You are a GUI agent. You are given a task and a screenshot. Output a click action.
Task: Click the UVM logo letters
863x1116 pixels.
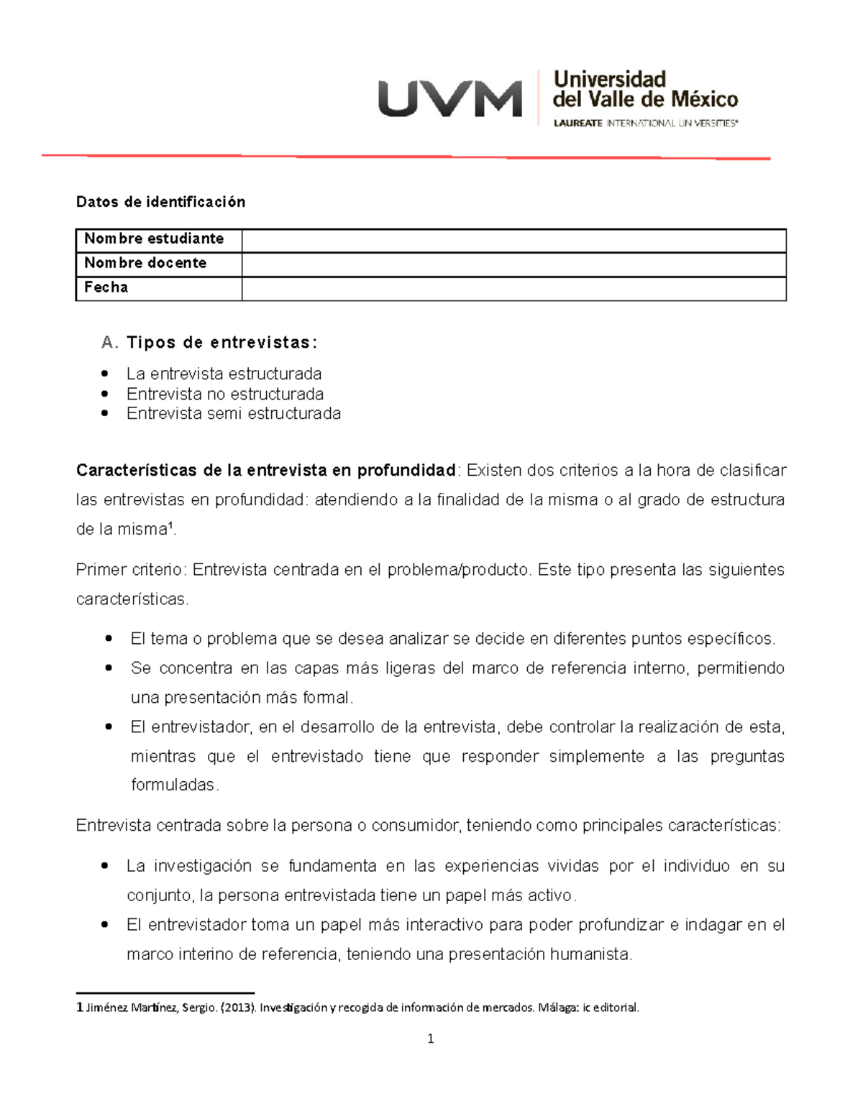tap(449, 99)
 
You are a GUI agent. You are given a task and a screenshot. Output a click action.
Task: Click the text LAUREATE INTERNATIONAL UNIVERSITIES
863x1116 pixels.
tap(645, 124)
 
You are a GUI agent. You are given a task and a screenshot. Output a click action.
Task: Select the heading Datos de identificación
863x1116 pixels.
tap(160, 202)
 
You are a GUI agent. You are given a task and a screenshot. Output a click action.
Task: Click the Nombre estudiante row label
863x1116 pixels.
tap(154, 239)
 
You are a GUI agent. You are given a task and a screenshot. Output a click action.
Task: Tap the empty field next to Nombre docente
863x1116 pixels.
tap(513, 264)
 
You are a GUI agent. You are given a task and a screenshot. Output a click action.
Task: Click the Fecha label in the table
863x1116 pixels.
tap(106, 287)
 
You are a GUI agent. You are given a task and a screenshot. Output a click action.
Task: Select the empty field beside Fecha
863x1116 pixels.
tap(513, 288)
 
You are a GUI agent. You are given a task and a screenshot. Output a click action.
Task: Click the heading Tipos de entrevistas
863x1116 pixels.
tap(222, 343)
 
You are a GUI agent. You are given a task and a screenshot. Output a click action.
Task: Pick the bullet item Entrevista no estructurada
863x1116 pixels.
tap(225, 394)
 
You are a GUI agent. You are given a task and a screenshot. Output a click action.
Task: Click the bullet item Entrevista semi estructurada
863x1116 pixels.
tap(234, 414)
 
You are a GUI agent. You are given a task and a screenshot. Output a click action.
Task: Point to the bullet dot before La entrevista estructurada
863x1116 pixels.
tap(106, 374)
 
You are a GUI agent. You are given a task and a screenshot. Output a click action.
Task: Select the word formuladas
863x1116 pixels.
tap(173, 785)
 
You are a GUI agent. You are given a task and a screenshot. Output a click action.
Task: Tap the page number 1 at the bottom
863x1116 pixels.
tap(430, 1038)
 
